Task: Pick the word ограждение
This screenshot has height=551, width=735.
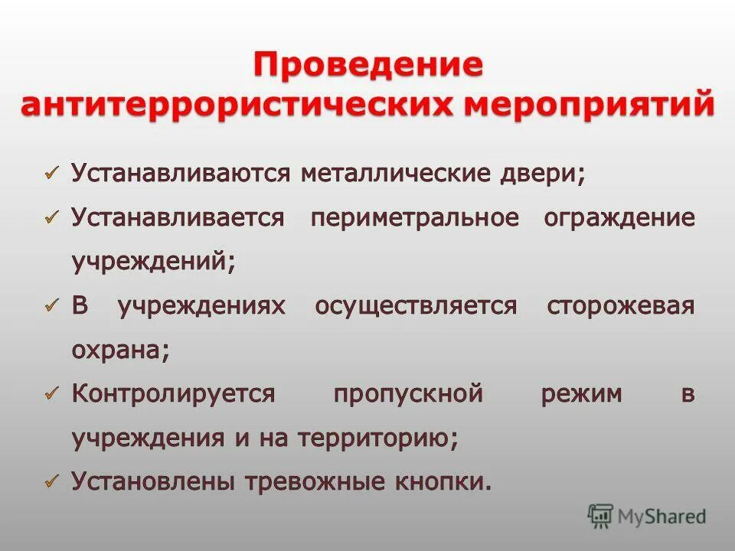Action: (x=619, y=217)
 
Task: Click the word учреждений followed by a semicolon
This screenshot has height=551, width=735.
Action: (x=153, y=261)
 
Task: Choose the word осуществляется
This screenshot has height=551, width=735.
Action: (x=416, y=306)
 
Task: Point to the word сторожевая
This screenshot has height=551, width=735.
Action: (x=621, y=306)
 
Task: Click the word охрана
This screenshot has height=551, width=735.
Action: (x=120, y=350)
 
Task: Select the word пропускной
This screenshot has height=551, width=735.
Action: (x=408, y=394)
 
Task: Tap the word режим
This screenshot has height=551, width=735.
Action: (x=581, y=394)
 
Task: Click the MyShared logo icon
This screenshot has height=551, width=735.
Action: (x=600, y=516)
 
